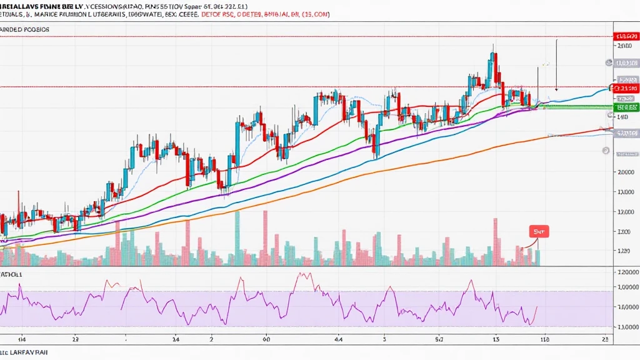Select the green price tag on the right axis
coord(626,107)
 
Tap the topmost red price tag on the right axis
coord(626,36)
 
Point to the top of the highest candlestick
coord(493,45)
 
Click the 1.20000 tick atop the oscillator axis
coord(627,272)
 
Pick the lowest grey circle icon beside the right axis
coord(606,151)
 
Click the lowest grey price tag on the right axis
coord(626,133)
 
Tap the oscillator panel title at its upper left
coord(12,274)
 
